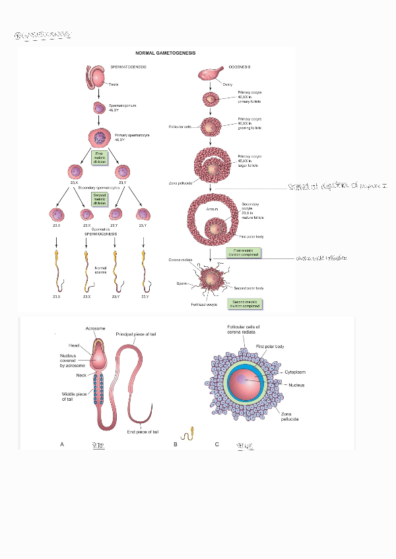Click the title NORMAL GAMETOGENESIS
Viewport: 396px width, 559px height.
coord(165,53)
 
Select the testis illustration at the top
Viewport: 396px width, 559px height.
coord(97,77)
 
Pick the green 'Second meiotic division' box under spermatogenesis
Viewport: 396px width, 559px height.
coord(99,199)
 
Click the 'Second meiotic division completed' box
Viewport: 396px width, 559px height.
coord(244,304)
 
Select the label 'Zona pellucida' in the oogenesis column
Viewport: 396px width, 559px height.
coord(180,183)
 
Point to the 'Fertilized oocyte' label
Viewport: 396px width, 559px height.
coord(205,305)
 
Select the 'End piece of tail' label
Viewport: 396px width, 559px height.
coord(143,432)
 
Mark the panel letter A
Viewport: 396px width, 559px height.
coord(62,444)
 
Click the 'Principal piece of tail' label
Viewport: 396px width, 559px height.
coord(135,335)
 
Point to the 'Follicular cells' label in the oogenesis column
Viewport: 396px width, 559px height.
coord(179,126)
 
